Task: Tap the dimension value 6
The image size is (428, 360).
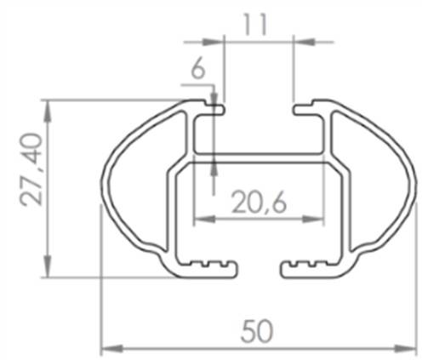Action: [197, 71]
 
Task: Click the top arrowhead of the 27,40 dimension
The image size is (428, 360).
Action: [48, 106]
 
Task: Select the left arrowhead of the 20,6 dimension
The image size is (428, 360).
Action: [200, 220]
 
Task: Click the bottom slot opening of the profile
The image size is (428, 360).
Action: [259, 269]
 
